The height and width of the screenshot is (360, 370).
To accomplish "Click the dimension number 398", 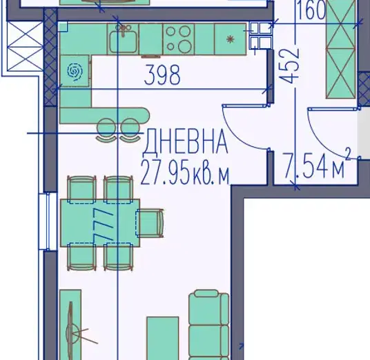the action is pyautogui.click(x=162, y=75).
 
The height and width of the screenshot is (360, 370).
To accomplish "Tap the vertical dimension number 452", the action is pyautogui.click(x=290, y=66).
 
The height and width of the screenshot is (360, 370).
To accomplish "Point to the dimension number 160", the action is pyautogui.click(x=311, y=10).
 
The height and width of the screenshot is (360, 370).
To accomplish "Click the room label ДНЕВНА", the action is pyautogui.click(x=186, y=141).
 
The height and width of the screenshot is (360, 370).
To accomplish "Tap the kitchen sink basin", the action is pyautogui.click(x=123, y=42).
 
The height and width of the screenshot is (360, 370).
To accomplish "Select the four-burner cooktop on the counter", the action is pyautogui.click(x=178, y=39).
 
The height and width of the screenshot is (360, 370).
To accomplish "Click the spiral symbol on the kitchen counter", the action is pyautogui.click(x=75, y=71).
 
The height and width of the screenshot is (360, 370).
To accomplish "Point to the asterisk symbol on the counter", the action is pyautogui.click(x=230, y=39).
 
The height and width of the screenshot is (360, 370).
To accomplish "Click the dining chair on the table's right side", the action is pyautogui.click(x=150, y=223).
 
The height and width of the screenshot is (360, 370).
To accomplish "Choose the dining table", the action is pyautogui.click(x=100, y=223).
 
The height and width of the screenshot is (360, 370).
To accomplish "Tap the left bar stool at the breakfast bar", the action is pyautogui.click(x=106, y=130).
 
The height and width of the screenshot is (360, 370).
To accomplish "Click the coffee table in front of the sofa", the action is pyautogui.click(x=163, y=338).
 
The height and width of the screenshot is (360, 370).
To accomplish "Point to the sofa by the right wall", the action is pyautogui.click(x=209, y=325).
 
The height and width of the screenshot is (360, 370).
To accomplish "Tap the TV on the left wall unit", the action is pyautogui.click(x=71, y=330).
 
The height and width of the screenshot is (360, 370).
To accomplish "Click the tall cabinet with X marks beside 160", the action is pyautogui.click(x=340, y=49).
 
